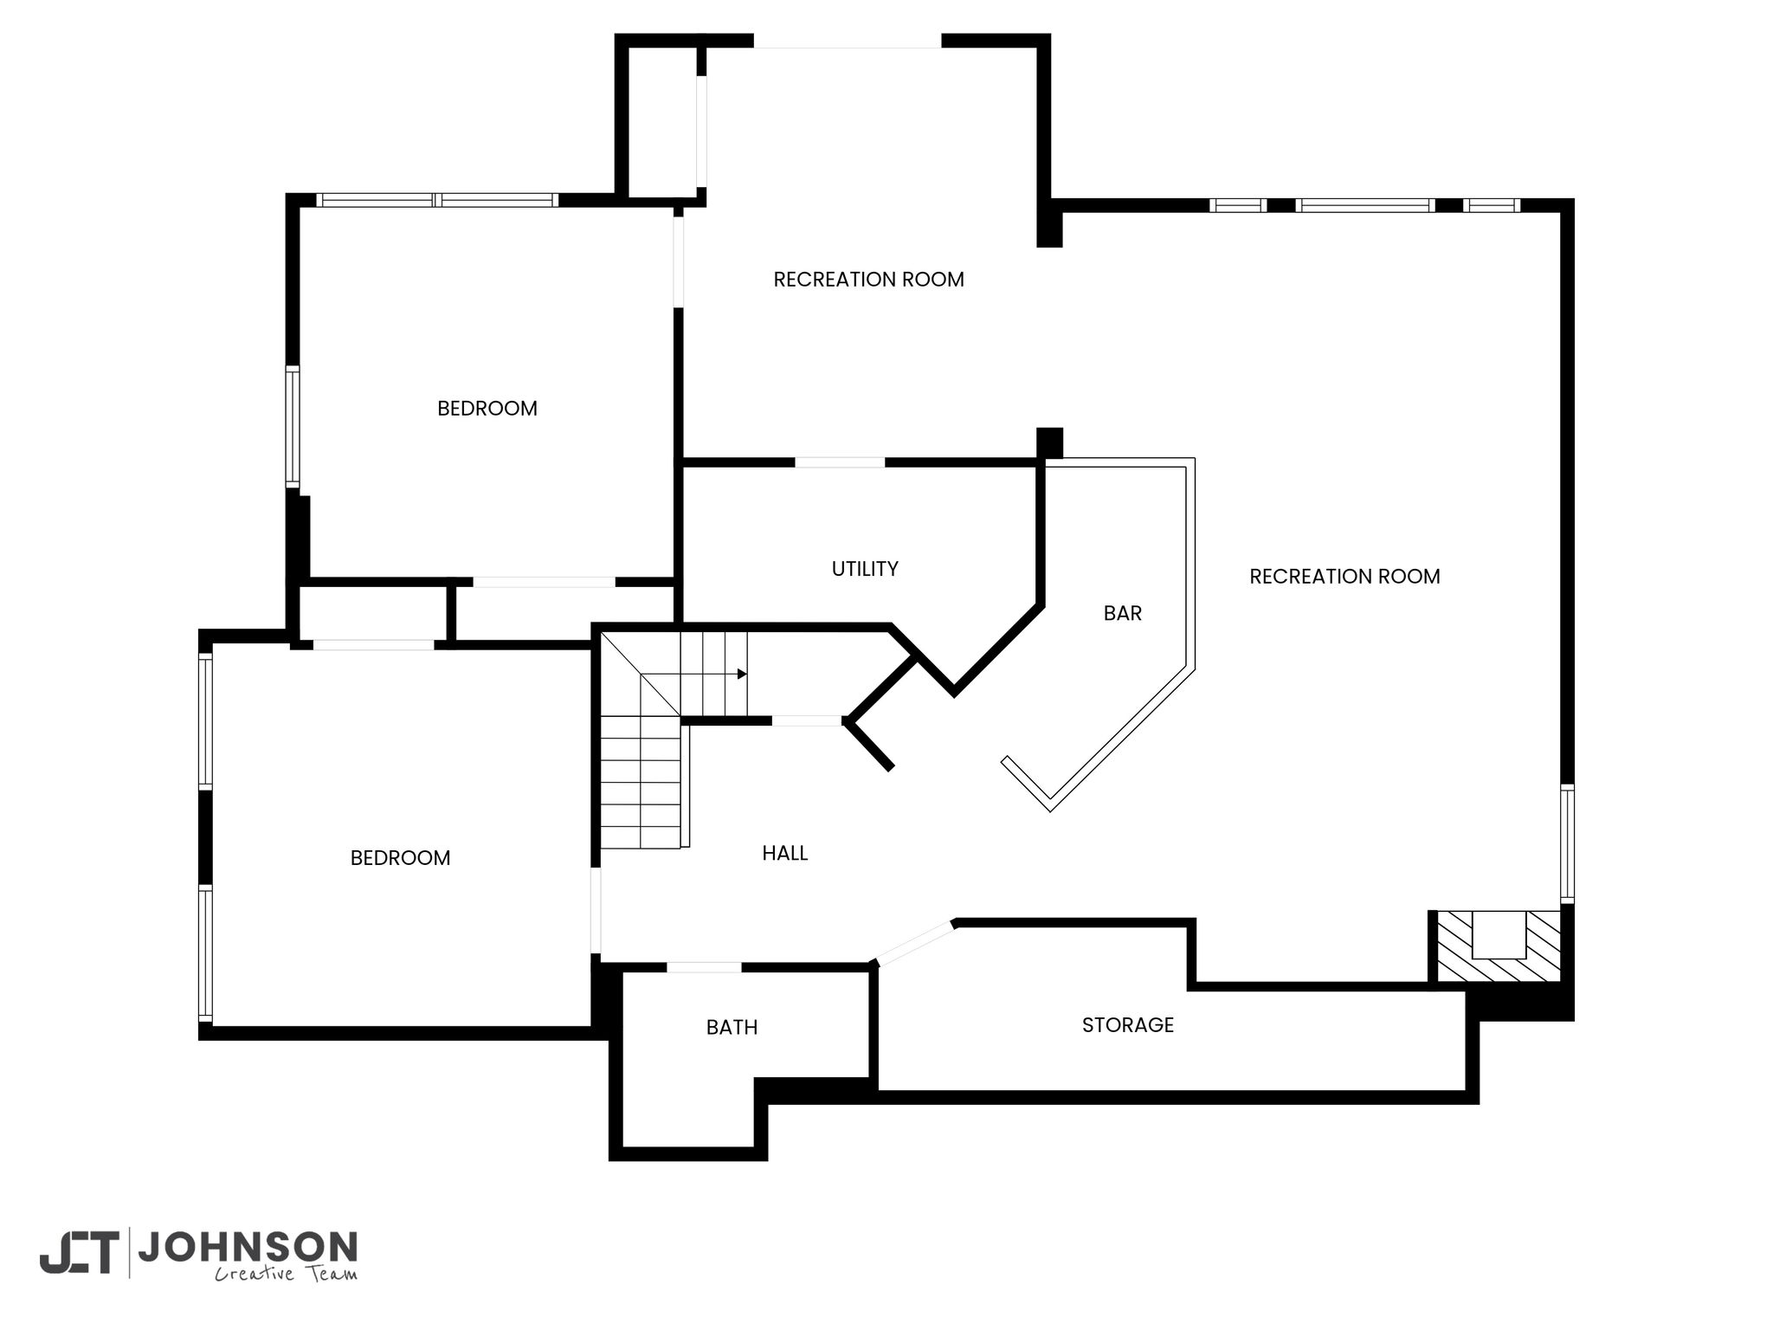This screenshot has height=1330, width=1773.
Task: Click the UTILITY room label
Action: (865, 569)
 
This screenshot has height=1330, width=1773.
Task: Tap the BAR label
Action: (1123, 613)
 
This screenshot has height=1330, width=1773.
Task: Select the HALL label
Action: (785, 854)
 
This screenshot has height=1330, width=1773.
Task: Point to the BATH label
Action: (732, 1027)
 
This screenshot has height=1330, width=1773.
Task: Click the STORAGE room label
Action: (1128, 1025)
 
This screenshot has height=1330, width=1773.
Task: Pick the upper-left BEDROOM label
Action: (487, 409)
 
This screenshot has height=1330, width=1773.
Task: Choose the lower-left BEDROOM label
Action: (401, 858)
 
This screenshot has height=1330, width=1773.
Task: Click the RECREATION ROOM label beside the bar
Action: (1345, 577)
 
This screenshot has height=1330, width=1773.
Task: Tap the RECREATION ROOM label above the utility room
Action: (869, 280)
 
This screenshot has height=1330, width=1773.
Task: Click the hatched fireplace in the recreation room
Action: (1499, 946)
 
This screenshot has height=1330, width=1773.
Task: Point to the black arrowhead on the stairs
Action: (742, 674)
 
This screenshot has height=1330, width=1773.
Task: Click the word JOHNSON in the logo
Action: (248, 1248)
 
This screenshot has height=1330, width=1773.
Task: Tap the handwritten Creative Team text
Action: (286, 1274)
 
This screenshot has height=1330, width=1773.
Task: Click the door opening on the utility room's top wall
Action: (840, 462)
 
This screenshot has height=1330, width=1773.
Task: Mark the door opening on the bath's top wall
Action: (705, 967)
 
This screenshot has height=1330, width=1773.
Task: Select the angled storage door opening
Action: (915, 943)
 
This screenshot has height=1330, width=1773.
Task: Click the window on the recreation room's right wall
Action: (1567, 843)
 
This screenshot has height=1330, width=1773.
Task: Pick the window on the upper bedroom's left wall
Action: (293, 426)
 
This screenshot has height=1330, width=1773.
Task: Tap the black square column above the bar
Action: (1049, 442)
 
